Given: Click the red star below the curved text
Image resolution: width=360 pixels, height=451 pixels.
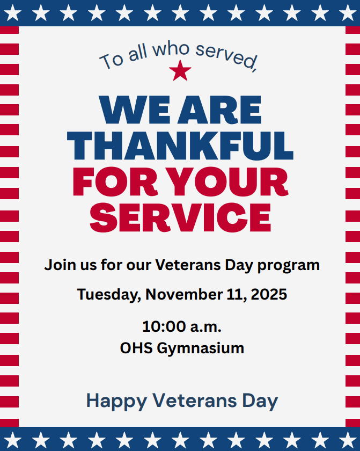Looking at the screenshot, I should pyautogui.click(x=180, y=71).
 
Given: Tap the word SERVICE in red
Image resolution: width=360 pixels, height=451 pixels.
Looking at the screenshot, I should pyautogui.click(x=180, y=217).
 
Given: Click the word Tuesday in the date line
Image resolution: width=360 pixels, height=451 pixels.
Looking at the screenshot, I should pyautogui.click(x=109, y=294).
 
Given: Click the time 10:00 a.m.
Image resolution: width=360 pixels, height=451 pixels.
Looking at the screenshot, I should pyautogui.click(x=181, y=326).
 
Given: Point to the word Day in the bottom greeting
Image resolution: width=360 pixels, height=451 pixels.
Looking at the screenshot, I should pyautogui.click(x=260, y=401).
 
